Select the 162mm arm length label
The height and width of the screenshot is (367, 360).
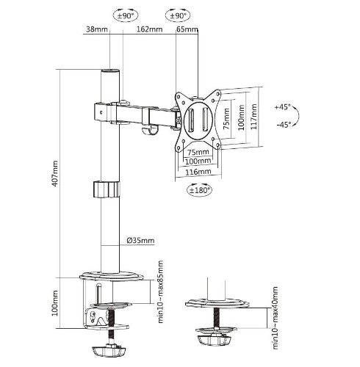point(149,30)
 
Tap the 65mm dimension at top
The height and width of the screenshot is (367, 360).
point(187,30)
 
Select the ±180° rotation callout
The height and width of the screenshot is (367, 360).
point(198,190)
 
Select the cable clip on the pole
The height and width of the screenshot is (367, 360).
point(107,189)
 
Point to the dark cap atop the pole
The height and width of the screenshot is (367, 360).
point(110,72)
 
